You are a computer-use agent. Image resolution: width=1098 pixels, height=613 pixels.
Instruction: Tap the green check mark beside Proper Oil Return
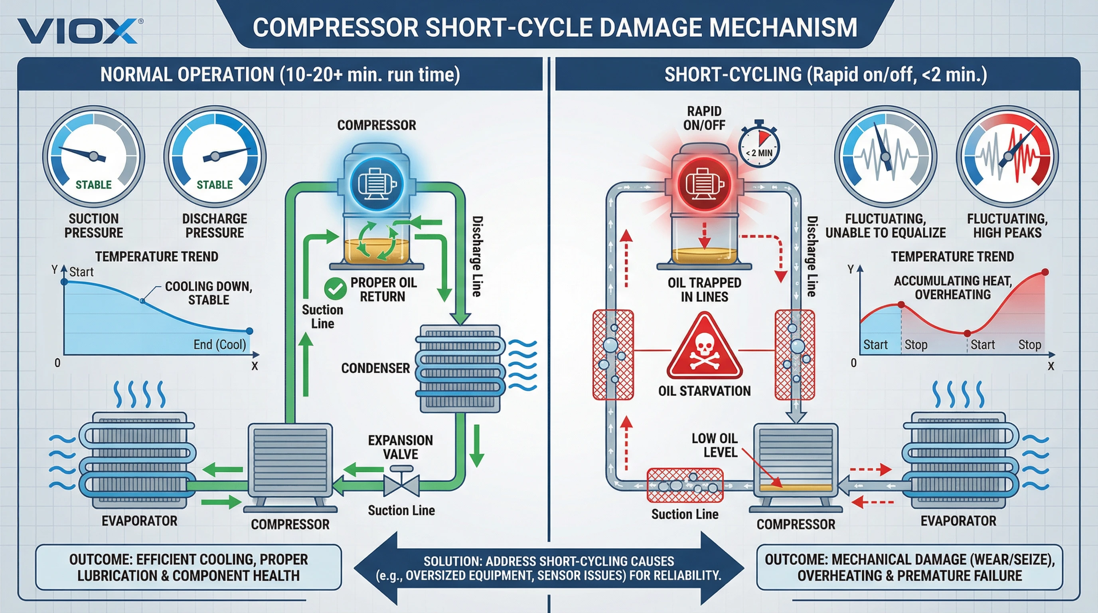pos(335,289)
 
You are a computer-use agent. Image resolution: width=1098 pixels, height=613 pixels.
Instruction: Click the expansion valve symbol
pos(401,484)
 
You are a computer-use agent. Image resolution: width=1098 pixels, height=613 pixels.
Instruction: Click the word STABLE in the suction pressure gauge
pos(93,185)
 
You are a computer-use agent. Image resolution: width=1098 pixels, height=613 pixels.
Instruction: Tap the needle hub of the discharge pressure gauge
pos(215,156)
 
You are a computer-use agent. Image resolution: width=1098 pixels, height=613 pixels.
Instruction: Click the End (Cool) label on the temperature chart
pos(219,344)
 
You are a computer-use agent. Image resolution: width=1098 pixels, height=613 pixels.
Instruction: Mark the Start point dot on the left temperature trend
pos(64,282)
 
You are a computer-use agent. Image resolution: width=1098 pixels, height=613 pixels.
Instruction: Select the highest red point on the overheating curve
pos(1045,272)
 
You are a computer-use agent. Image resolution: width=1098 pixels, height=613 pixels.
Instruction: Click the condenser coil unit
pos(460,369)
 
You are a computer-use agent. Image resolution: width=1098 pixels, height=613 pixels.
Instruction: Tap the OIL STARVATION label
pos(704,391)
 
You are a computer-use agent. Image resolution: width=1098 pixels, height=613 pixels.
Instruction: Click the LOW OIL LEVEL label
pos(715,445)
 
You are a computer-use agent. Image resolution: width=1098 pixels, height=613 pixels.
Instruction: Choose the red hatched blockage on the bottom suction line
pos(685,486)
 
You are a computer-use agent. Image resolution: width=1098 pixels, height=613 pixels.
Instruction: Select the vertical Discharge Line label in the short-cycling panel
pos(812,256)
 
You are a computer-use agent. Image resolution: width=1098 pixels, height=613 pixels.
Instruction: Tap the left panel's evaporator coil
pos(138,461)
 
